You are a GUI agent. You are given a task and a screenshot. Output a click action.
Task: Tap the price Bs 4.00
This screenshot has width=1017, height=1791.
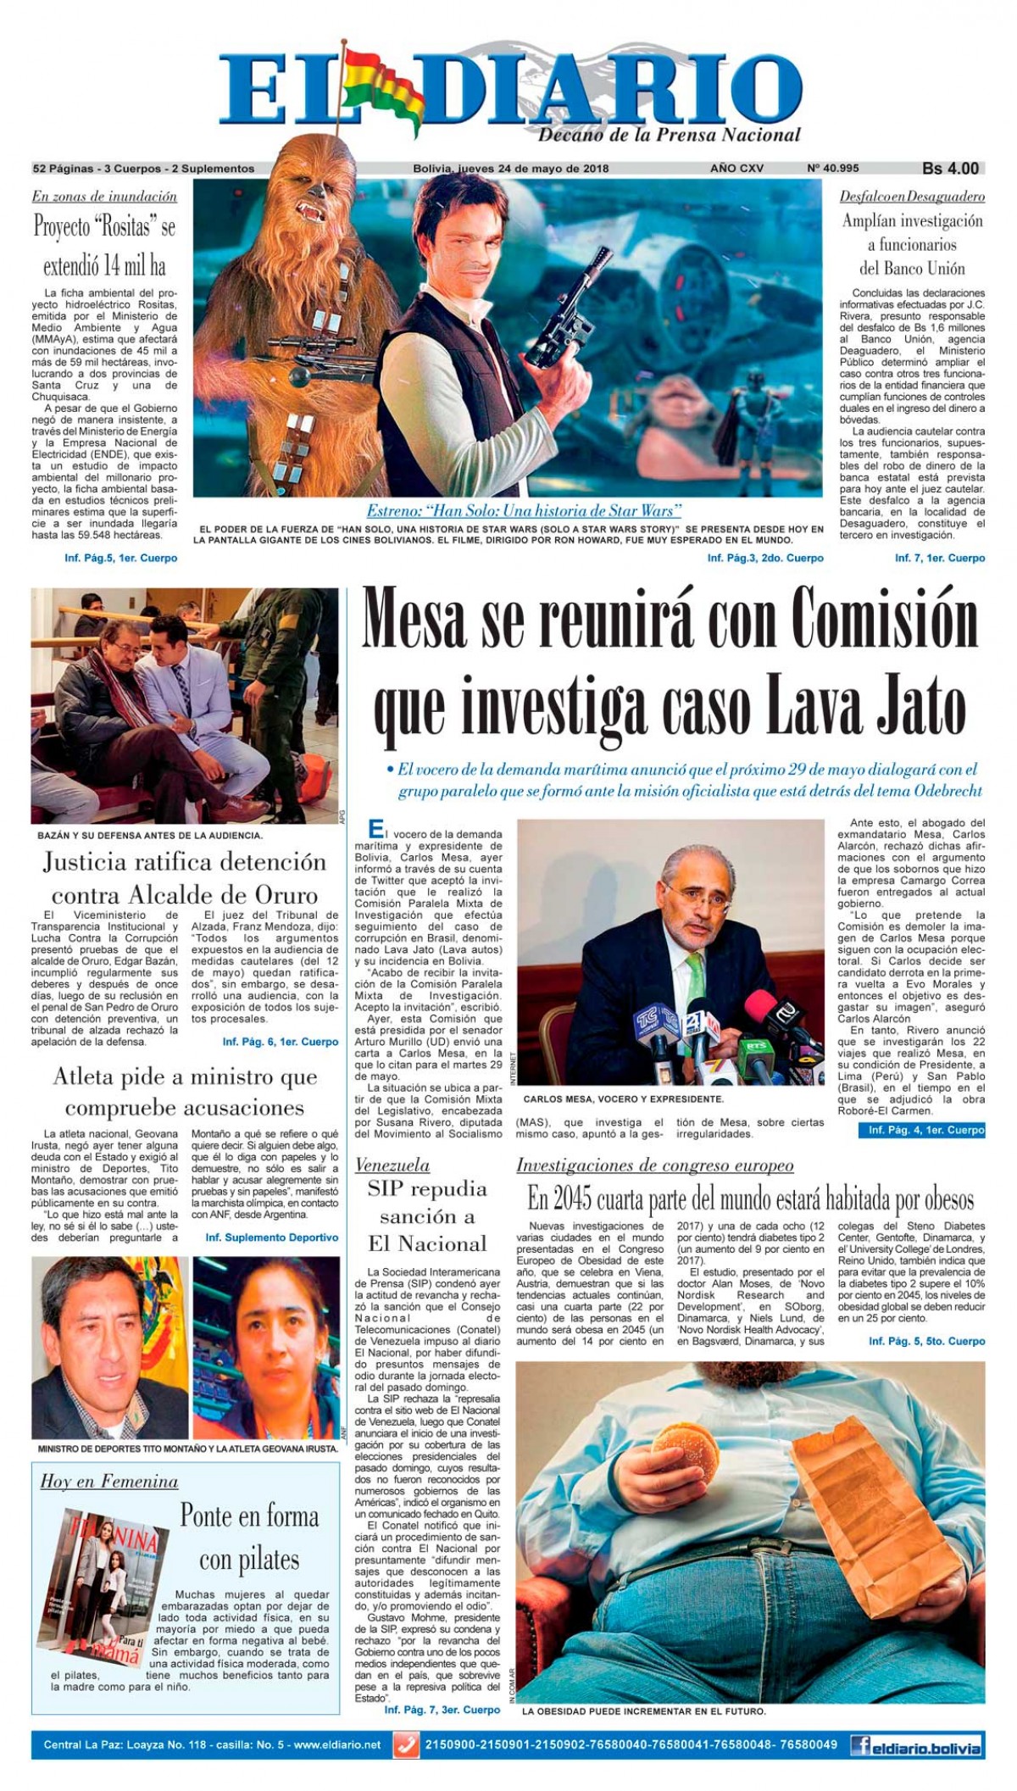coord(950,168)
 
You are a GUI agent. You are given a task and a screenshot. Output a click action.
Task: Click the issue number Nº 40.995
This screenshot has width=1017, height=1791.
coord(834,169)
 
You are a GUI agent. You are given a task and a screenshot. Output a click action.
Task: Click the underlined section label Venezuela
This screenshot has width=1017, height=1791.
coord(392,1165)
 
